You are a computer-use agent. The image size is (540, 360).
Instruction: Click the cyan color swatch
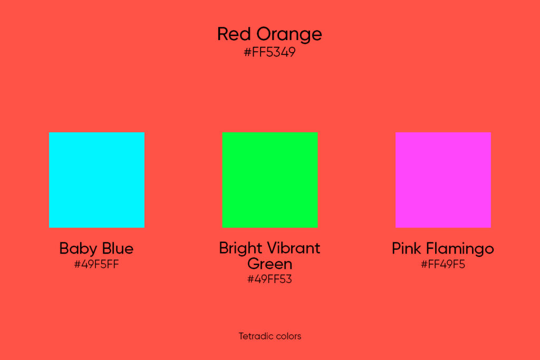click(x=97, y=180)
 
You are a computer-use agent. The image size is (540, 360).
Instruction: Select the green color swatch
click(x=270, y=180)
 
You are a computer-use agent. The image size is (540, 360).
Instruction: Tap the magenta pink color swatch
click(x=443, y=180)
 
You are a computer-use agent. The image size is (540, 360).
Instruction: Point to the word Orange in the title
click(x=289, y=35)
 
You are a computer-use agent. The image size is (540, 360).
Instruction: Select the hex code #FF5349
click(x=269, y=53)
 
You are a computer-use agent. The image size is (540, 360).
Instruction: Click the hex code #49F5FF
click(x=97, y=265)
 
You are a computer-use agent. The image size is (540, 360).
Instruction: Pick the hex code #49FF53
click(x=269, y=279)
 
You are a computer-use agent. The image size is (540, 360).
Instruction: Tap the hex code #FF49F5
click(x=443, y=265)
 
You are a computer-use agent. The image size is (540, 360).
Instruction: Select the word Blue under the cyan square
click(x=117, y=248)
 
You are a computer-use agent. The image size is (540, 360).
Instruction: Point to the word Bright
click(x=240, y=248)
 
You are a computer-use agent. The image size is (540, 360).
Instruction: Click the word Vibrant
click(x=294, y=248)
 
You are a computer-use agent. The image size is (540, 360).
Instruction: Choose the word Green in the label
click(x=269, y=264)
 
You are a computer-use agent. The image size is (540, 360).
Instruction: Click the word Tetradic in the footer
click(x=255, y=336)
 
